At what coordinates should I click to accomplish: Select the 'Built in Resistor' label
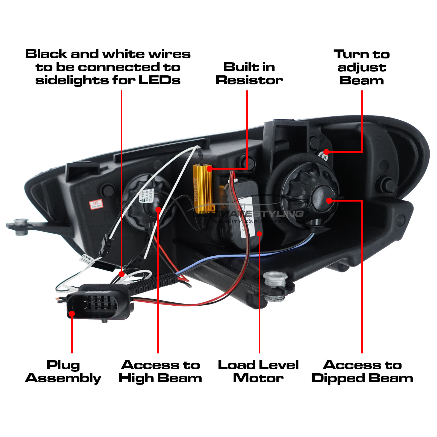click(x=249, y=74)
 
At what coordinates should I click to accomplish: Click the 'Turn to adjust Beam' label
click(x=362, y=67)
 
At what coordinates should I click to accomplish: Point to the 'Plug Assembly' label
click(x=63, y=372)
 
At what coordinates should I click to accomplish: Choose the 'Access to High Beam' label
click(x=161, y=372)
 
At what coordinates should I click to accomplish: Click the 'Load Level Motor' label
click(x=258, y=372)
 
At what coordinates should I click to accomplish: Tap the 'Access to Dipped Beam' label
click(x=362, y=372)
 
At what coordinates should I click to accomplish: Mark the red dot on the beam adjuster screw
click(x=326, y=152)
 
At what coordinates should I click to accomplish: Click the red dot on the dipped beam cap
click(x=329, y=201)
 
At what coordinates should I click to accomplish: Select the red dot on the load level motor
click(x=259, y=234)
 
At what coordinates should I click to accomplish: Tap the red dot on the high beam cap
click(x=158, y=209)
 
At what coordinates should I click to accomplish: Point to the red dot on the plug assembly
click(x=72, y=314)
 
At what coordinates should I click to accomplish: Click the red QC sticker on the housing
click(x=96, y=204)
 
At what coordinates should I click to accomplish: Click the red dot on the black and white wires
click(x=122, y=274)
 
